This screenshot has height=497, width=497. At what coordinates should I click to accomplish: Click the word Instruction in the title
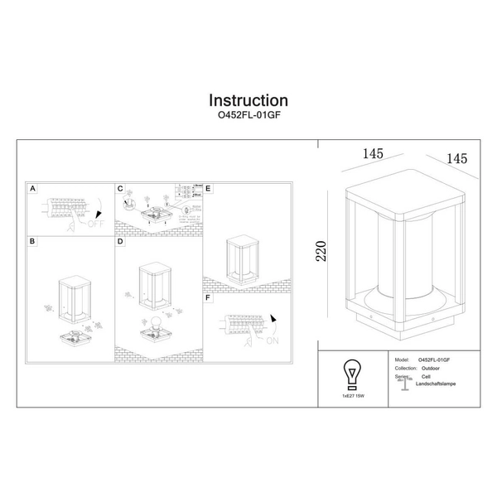(x=248, y=102)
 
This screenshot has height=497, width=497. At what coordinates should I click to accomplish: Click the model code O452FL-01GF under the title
(x=248, y=118)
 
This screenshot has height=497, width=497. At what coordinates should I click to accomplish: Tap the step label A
(x=32, y=189)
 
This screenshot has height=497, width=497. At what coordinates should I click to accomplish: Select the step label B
(x=32, y=242)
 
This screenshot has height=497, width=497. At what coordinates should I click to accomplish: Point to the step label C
(x=120, y=189)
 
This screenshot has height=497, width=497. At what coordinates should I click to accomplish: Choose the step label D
(x=120, y=242)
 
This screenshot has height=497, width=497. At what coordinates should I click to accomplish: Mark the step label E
(x=208, y=189)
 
